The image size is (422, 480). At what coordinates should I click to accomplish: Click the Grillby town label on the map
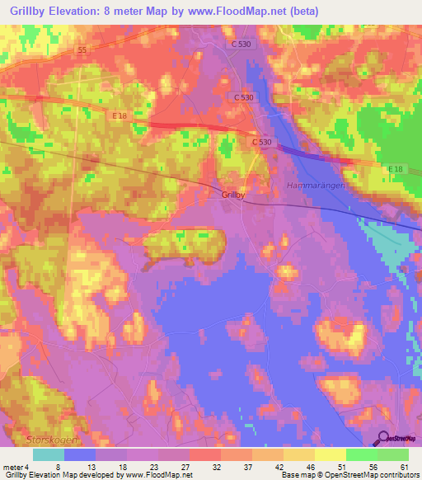(x=232, y=195)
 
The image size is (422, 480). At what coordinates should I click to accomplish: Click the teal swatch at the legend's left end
(x=49, y=454)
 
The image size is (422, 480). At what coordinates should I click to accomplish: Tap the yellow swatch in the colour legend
(x=330, y=454)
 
